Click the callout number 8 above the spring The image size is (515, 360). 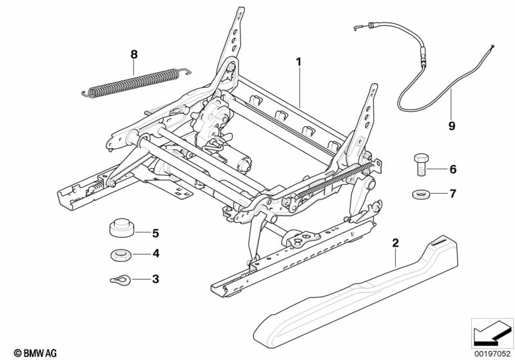click(133, 55)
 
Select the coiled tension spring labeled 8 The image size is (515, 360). click(136, 82)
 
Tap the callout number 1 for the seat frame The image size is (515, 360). click(298, 62)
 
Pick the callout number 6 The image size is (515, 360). click(453, 169)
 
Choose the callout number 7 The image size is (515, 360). click(453, 194)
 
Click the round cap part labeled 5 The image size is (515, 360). click(121, 227)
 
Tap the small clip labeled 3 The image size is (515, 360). click(120, 280)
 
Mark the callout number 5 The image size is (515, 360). click(155, 233)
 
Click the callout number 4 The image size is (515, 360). click(156, 253)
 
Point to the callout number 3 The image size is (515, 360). click(155, 279)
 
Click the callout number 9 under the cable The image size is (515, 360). click(452, 126)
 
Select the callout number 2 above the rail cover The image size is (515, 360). click(396, 243)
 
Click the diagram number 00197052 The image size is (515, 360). click(492, 354)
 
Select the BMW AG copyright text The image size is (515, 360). click(35, 353)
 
